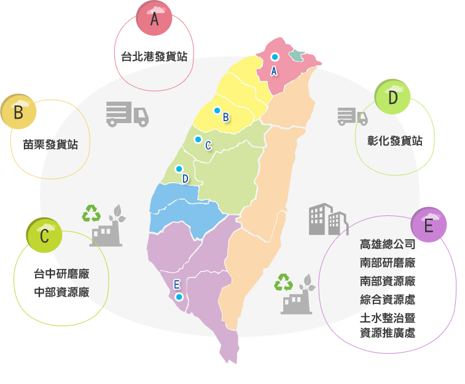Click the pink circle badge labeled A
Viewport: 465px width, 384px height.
tap(154, 19)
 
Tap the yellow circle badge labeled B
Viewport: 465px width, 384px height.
tap(18, 113)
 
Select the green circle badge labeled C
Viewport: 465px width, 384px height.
tap(44, 236)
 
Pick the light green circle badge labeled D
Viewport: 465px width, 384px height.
tap(393, 98)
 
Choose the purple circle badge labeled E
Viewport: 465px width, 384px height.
tap(429, 226)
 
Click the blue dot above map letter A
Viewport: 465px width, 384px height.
tap(275, 57)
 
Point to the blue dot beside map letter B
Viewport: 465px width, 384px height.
tap(217, 110)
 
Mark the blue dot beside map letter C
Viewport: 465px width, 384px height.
tap(198, 139)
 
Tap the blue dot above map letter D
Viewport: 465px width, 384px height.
tap(179, 169)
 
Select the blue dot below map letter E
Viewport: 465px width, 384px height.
tap(179, 296)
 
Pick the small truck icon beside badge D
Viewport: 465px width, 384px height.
tap(352, 116)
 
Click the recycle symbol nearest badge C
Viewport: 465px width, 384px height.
tap(92, 214)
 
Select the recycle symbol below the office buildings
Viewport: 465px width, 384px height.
tap(284, 282)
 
